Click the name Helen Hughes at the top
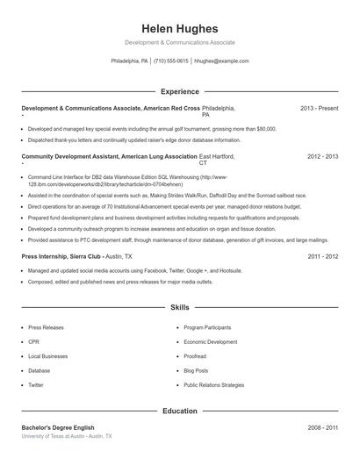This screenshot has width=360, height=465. click(179, 28)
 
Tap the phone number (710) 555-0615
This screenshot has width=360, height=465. click(171, 61)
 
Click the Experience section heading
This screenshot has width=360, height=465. click(179, 90)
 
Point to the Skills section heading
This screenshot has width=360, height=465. click(179, 308)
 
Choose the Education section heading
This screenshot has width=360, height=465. click(179, 411)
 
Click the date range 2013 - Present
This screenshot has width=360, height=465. click(319, 108)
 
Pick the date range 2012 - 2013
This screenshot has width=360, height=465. click(322, 156)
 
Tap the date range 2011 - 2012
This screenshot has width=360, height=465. click(322, 256)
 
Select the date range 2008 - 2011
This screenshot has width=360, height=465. click(322, 427)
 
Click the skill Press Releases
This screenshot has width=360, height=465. click(46, 327)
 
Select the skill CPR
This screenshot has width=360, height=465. click(34, 341)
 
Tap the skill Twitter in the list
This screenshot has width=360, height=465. click(36, 384)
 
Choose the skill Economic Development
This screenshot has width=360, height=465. click(211, 341)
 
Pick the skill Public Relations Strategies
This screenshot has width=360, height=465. click(214, 384)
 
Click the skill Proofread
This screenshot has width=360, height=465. click(195, 356)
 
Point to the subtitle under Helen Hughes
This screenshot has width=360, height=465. click(179, 42)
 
